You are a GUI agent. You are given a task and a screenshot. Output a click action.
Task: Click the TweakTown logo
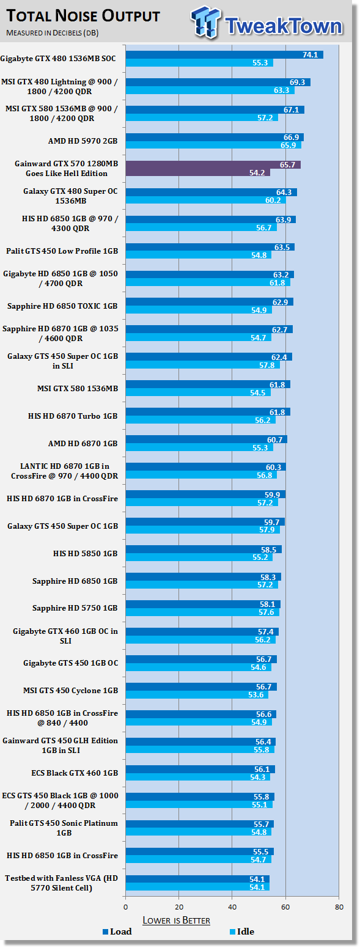[266, 23]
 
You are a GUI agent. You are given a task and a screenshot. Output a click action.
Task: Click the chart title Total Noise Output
[83, 16]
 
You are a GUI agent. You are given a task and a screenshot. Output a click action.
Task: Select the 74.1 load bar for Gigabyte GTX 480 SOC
[224, 54]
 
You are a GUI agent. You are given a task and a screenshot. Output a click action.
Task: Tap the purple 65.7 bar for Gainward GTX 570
[213, 164]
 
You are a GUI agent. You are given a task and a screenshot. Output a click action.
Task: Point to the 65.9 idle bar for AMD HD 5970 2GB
[213, 145]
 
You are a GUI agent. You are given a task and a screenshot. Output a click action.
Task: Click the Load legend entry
[117, 931]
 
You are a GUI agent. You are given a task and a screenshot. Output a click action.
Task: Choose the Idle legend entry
[242, 931]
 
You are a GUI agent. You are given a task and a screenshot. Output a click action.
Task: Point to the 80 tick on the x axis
[339, 907]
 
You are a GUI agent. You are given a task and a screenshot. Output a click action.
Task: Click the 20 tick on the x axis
[179, 907]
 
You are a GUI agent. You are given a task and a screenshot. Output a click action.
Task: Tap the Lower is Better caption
[177, 920]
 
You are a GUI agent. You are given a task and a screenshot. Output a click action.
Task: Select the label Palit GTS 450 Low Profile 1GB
[62, 251]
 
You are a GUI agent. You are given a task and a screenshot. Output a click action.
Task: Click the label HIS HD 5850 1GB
[86, 554]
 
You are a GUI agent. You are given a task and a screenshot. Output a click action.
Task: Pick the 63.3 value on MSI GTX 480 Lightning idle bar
[281, 90]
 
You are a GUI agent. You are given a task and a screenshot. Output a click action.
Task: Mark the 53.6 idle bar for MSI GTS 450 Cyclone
[197, 695]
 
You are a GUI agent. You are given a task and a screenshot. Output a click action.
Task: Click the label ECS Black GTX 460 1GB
[75, 773]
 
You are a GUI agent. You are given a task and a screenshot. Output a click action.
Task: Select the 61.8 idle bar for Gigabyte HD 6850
[208, 283]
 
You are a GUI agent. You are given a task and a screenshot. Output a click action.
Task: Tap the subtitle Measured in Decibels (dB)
[53, 33]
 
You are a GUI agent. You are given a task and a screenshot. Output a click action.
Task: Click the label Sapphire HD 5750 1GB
[75, 608]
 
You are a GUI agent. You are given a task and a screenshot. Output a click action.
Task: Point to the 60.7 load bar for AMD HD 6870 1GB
[207, 439]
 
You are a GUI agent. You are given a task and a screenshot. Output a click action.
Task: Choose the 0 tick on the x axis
[125, 907]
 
